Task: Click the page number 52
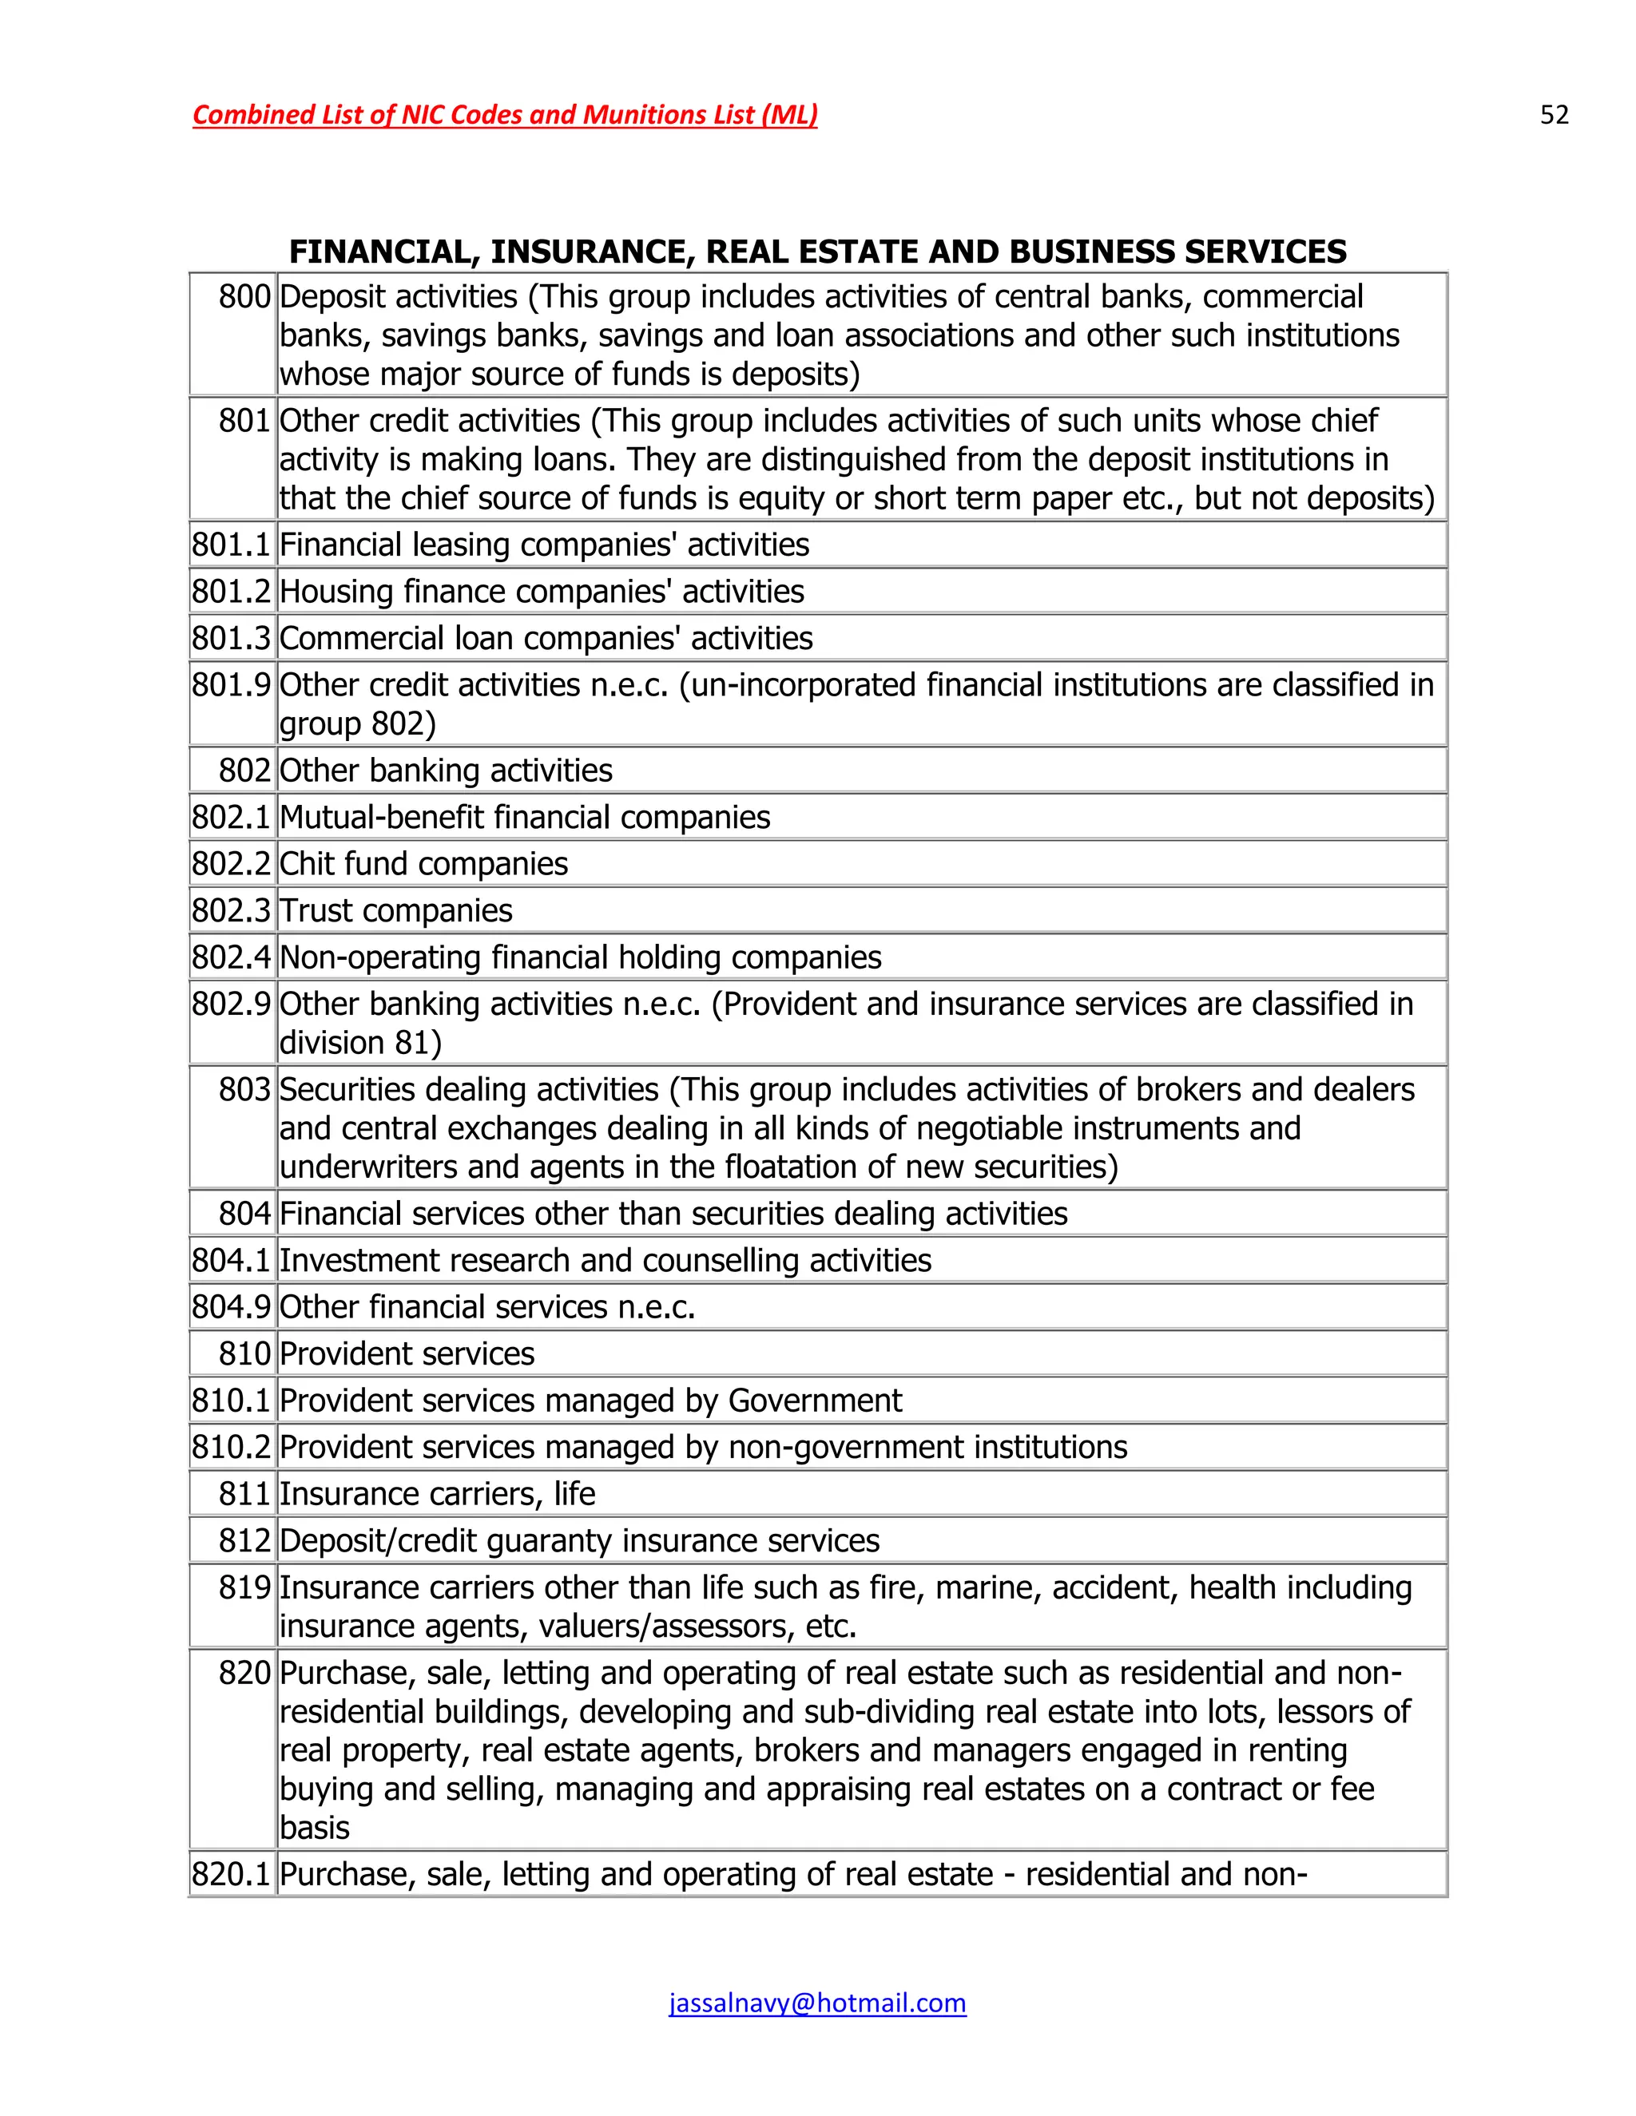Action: coord(1554,115)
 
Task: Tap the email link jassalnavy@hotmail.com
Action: coord(817,2003)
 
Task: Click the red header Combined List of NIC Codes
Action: coord(504,115)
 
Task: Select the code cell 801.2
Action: coord(231,591)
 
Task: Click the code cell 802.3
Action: coord(231,911)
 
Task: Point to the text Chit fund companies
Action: coord(423,864)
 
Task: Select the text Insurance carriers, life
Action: coord(437,1494)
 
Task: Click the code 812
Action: coord(244,1540)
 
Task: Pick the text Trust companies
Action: coord(395,911)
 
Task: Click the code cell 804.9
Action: coord(231,1307)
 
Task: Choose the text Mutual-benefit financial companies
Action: coord(524,818)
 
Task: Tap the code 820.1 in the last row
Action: coord(231,1874)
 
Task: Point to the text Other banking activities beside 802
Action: coord(446,771)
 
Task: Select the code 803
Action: coord(244,1090)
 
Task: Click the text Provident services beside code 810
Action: coord(407,1353)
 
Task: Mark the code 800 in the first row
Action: coord(244,296)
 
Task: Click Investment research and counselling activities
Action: coord(605,1261)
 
